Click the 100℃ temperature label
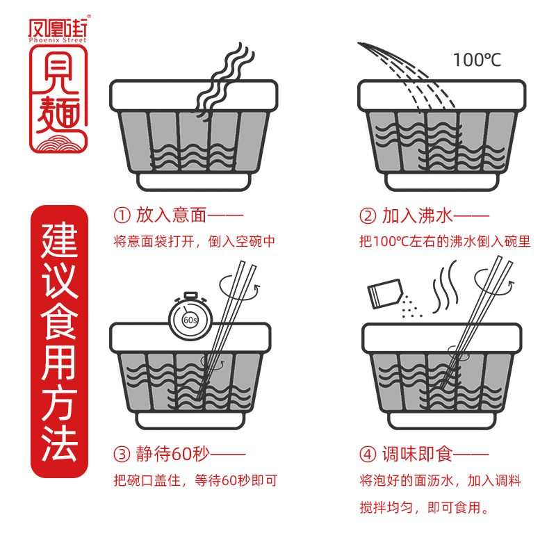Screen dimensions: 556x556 (x=477, y=60)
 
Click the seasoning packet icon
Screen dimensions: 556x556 (x=386, y=293)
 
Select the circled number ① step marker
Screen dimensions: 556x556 (x=122, y=216)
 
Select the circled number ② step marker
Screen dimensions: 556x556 (x=368, y=216)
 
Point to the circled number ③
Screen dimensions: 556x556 (x=122, y=455)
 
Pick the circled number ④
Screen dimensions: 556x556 (x=368, y=455)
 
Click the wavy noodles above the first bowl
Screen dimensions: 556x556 (x=221, y=76)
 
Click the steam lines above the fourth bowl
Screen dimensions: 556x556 (x=445, y=285)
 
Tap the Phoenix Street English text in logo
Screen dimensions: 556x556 (x=59, y=40)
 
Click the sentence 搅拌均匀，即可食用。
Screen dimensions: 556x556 (x=424, y=508)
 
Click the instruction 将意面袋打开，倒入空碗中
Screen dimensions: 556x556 (x=195, y=242)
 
